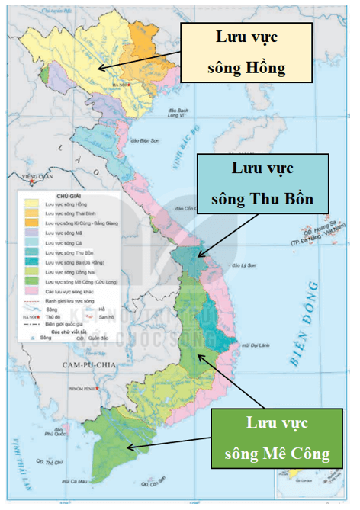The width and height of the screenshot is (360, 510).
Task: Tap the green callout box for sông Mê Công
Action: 277,438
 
